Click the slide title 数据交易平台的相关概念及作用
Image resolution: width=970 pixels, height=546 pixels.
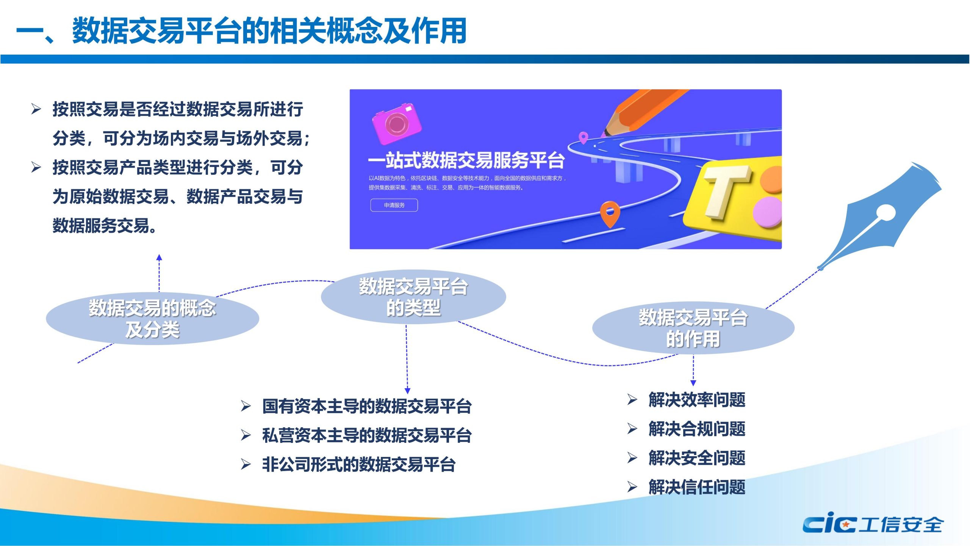click(x=269, y=30)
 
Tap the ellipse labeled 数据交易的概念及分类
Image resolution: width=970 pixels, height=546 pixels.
click(x=152, y=318)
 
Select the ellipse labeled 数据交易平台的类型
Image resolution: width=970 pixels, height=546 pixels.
click(x=413, y=297)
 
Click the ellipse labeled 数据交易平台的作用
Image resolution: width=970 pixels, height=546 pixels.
click(x=693, y=328)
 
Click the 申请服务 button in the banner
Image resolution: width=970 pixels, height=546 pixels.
click(x=394, y=205)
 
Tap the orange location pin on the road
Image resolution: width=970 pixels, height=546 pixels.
click(x=610, y=214)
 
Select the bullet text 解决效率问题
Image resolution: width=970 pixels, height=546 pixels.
click(x=697, y=400)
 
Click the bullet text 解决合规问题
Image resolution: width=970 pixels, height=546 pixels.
click(x=697, y=429)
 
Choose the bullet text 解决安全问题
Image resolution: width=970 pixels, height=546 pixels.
click(x=697, y=458)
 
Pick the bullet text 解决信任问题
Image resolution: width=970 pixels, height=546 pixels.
click(x=697, y=487)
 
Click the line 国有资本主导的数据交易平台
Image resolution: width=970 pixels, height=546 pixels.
click(x=367, y=406)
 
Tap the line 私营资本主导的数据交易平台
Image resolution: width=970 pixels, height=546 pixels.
click(x=367, y=435)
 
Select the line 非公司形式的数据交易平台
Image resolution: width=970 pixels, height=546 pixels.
click(x=359, y=464)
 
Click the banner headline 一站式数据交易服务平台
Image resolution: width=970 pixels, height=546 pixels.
click(x=466, y=160)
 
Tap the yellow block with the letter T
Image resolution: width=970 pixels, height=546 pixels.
click(x=733, y=199)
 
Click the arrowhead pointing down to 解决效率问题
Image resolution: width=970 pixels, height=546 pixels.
click(x=693, y=383)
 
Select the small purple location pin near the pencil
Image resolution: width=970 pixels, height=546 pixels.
click(x=584, y=137)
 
